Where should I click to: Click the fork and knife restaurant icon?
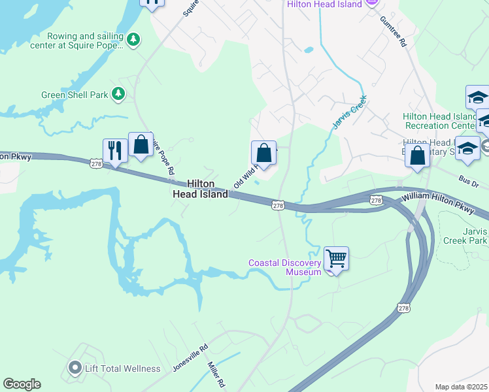point(114,150)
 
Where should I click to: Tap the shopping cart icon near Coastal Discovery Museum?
point(336,258)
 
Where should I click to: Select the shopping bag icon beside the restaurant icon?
point(141,144)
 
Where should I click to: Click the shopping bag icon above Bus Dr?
point(416,155)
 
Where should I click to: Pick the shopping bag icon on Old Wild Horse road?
point(263,153)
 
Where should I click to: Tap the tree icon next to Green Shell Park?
point(118,94)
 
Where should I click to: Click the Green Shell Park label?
point(75,95)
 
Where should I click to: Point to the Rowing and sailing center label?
point(84,41)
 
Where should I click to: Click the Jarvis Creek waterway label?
point(348,112)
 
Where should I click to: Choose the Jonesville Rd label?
point(190,358)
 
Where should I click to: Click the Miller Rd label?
point(216,374)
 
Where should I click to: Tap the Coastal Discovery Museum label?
point(285,267)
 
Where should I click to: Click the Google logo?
point(22,384)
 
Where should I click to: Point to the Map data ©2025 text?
point(461,387)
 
